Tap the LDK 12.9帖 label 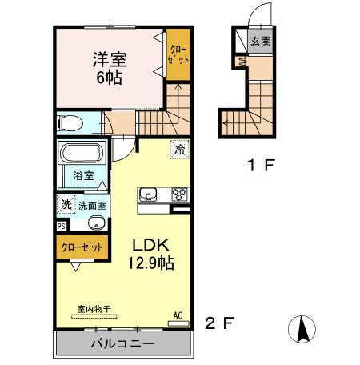pos(150,252)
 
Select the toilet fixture pos(70,123)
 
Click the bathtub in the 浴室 pos(82,153)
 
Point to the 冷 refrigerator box pos(181,149)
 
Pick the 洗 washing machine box pos(65,204)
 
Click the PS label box pos(62,226)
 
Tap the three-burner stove pos(178,194)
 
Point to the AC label pos(180,315)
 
